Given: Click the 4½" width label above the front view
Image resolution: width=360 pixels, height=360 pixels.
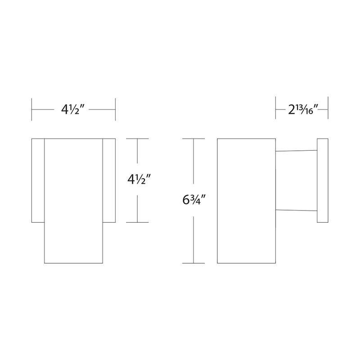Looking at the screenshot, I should pyautogui.click(x=73, y=110).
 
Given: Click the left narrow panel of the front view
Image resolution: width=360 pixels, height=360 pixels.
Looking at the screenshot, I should pyautogui.click(x=38, y=180).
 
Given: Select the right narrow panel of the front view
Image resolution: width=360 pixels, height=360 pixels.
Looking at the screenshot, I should pyautogui.click(x=109, y=180).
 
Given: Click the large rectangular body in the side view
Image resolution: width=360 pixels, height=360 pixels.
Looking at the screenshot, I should pyautogui.click(x=246, y=201).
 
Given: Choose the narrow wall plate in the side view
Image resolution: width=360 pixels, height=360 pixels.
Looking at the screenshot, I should pyautogui.click(x=323, y=180).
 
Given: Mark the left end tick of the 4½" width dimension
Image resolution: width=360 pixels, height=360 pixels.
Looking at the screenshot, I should pyautogui.click(x=31, y=110).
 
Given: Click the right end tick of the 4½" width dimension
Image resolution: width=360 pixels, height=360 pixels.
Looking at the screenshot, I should pyautogui.click(x=116, y=110).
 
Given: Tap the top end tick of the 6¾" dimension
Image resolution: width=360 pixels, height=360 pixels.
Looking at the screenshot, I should pyautogui.click(x=193, y=139).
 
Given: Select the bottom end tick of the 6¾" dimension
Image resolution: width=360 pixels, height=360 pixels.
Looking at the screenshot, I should pyautogui.click(x=193, y=263).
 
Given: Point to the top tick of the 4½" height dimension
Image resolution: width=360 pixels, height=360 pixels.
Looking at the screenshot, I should pyautogui.click(x=137, y=139).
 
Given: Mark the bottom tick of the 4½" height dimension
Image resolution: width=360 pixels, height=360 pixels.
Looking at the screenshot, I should pyautogui.click(x=137, y=222).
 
